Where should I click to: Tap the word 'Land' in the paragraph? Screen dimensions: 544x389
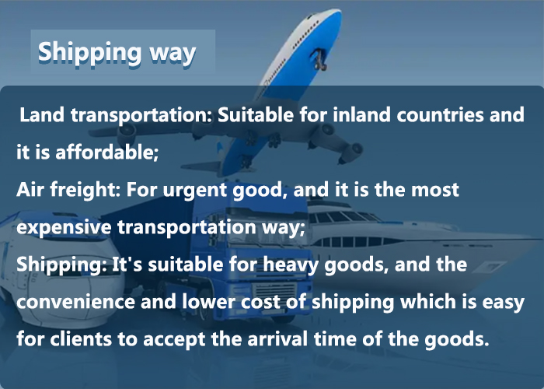42,114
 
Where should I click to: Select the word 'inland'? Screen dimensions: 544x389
361,114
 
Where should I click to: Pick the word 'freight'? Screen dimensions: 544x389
85,190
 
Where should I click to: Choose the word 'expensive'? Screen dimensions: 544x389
64,227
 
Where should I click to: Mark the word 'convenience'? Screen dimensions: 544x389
75,302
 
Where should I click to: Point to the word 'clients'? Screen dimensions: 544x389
81,338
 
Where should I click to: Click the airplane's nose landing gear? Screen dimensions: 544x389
319,59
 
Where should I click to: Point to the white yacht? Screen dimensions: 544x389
417,240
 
